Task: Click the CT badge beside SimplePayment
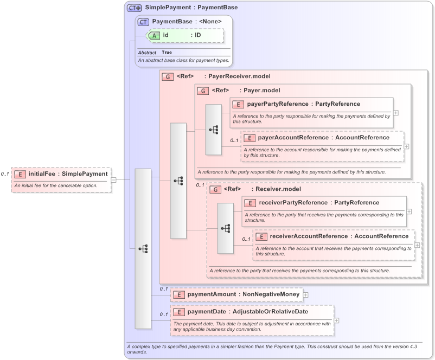(x=134, y=8)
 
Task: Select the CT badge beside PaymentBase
(x=143, y=22)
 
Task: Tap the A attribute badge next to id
(x=154, y=35)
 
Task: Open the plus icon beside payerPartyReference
(x=396, y=113)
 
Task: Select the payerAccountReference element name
(x=293, y=138)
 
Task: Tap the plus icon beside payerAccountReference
(x=407, y=146)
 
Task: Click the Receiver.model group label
(x=278, y=189)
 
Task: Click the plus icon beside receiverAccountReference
(x=418, y=245)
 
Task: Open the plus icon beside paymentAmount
(x=305, y=294)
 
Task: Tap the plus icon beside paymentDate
(x=337, y=320)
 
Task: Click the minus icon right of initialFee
(x=114, y=179)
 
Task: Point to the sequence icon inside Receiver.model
(x=226, y=228)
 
